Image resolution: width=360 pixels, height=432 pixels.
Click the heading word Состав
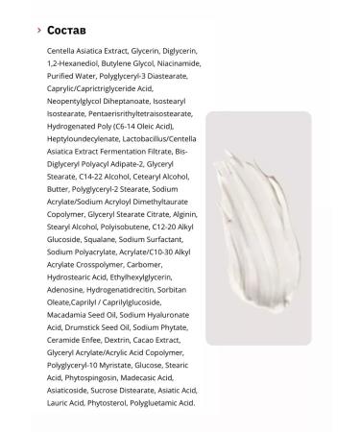tap(66, 31)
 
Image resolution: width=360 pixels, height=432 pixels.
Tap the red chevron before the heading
tap(37, 31)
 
